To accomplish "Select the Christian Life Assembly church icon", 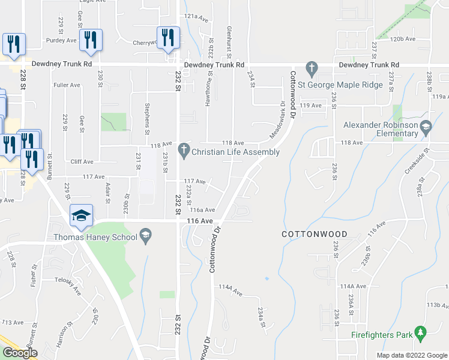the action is tap(184, 152).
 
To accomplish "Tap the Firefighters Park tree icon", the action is tap(421, 331).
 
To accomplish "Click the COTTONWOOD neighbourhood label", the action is tap(314, 233).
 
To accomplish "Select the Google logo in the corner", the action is tap(19, 352).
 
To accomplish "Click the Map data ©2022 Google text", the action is tap(411, 355).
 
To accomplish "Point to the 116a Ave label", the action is tap(202, 210).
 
